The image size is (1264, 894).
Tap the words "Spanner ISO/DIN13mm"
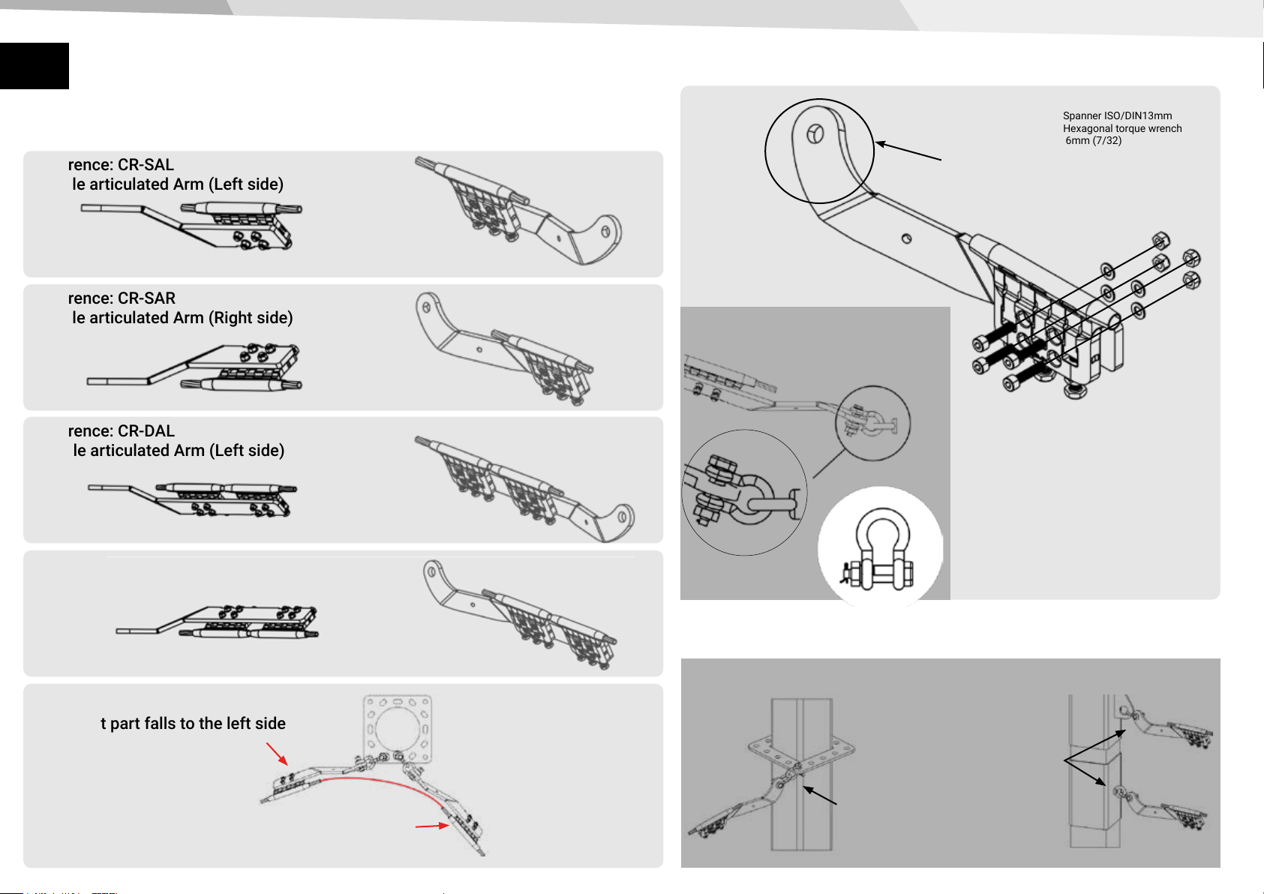(1117, 115)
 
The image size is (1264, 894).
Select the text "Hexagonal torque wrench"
(1122, 128)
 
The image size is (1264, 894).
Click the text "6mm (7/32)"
(1093, 141)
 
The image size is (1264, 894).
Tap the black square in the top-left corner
(34, 66)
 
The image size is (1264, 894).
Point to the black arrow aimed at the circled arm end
(908, 151)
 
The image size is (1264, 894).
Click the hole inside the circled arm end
(816, 134)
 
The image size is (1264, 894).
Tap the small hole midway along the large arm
(907, 238)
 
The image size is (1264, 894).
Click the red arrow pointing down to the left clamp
(277, 753)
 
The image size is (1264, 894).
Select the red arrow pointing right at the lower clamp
(433, 826)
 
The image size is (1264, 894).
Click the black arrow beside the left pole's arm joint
(820, 796)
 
